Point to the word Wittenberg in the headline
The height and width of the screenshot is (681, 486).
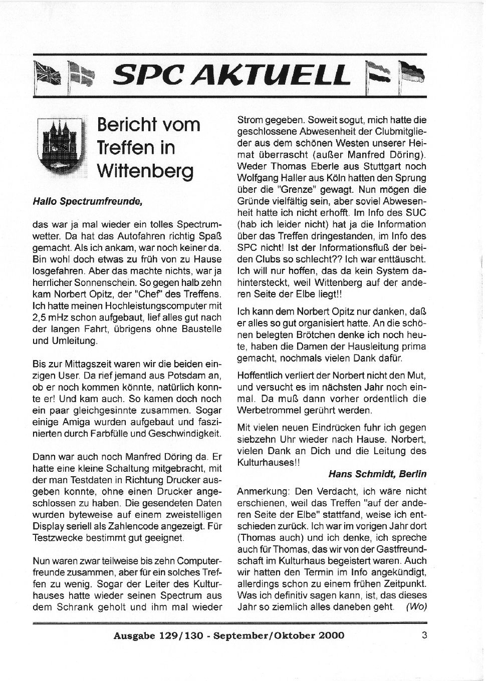point(145,171)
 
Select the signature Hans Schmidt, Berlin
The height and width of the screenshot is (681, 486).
point(377,473)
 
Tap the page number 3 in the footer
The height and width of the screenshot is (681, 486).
point(424,635)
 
